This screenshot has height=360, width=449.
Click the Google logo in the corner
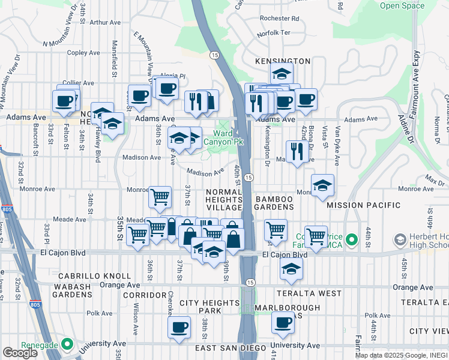(20, 353)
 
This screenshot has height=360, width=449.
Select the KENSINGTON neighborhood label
(283, 61)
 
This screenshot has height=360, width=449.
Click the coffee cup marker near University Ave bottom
(179, 328)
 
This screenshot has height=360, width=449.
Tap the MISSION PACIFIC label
(364, 205)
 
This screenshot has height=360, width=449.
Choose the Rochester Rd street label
(280, 18)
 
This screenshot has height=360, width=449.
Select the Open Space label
(402, 5)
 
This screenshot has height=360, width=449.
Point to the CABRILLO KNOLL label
(95, 276)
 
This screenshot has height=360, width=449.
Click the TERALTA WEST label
(309, 293)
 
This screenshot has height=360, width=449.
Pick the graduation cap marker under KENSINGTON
(281, 74)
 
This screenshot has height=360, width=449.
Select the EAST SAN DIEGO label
(230, 349)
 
